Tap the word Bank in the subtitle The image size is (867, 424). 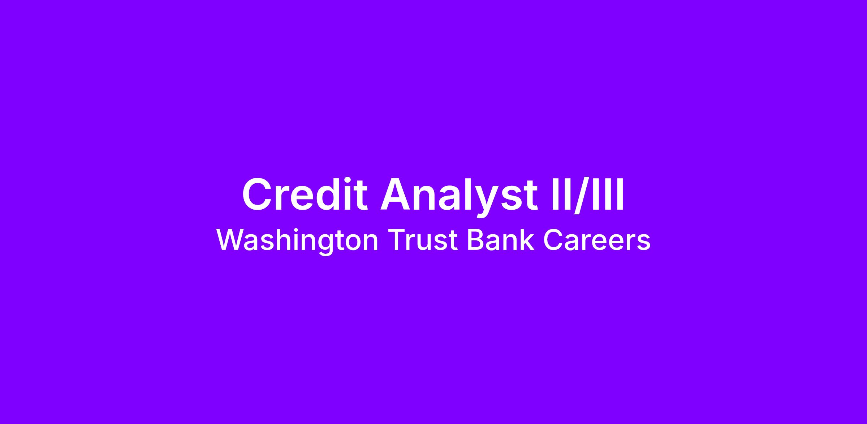click(501, 240)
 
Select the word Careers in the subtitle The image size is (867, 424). click(597, 240)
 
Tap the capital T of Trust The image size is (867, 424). click(397, 240)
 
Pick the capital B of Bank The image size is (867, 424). click(476, 240)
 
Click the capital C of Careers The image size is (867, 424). click(553, 240)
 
